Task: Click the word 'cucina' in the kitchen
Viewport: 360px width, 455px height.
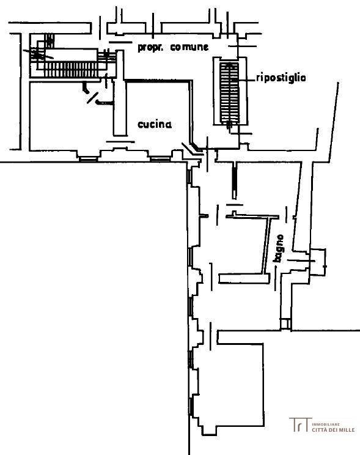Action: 154,125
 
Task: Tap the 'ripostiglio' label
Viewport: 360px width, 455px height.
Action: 281,78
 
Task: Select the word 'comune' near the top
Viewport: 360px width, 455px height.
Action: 189,47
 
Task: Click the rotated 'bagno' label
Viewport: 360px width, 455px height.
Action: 279,249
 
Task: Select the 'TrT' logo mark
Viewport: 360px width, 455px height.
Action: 300,424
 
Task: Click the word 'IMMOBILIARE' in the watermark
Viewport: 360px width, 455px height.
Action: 326,424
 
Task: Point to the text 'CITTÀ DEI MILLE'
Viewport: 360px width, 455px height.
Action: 333,430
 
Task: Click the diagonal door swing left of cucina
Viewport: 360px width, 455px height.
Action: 93,98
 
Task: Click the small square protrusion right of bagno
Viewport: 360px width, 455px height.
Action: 318,262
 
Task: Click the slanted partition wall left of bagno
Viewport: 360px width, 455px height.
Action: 265,245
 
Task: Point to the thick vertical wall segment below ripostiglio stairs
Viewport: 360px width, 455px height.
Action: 234,180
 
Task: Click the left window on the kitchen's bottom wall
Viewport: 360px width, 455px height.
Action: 88,159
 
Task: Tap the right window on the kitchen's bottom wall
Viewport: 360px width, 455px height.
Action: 160,159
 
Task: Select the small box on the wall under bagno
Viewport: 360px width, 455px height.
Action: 285,324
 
